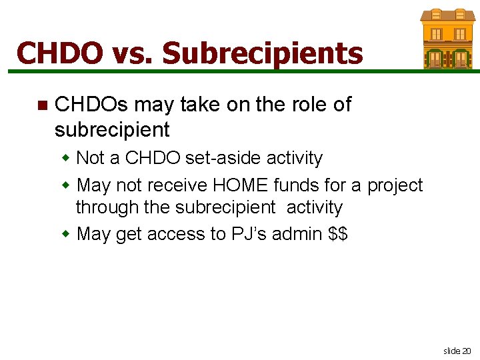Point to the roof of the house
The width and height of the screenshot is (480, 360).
447,15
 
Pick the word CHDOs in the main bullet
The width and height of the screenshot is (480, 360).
91,105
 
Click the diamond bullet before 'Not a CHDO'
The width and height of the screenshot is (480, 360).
66,159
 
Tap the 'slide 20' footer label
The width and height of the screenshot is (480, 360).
457,350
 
